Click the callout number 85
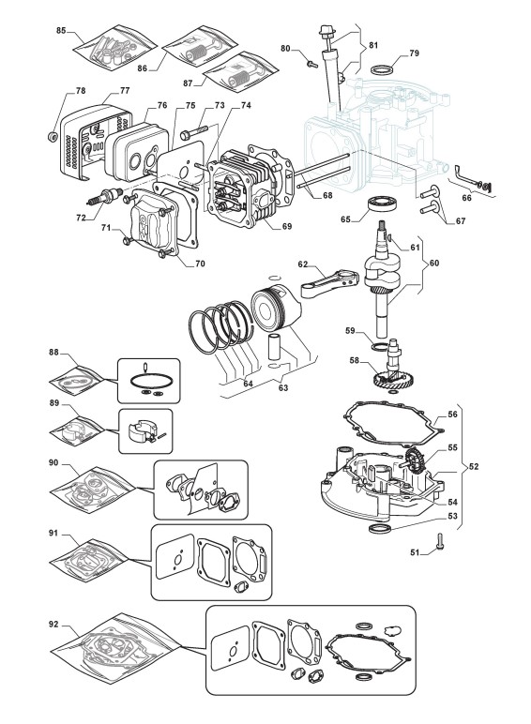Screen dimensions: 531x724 pyautogui.click(x=61, y=30)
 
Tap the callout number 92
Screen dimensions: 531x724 pyautogui.click(x=53, y=625)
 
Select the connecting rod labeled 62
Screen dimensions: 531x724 pyautogui.click(x=328, y=284)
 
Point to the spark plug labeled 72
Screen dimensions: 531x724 pyautogui.click(x=104, y=197)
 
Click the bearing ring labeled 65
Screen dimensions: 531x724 pyautogui.click(x=383, y=204)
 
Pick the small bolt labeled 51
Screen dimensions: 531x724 pyautogui.click(x=439, y=542)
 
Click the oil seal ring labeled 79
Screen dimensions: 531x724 pyautogui.click(x=383, y=69)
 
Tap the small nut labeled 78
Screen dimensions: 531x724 pyautogui.click(x=53, y=136)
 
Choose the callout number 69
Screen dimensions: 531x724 pyautogui.click(x=287, y=227)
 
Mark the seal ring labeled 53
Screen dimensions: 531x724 pyautogui.click(x=380, y=528)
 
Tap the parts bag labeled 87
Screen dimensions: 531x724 pyautogui.click(x=241, y=73)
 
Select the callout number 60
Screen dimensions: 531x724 pyautogui.click(x=434, y=264)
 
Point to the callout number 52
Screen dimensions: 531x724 pyautogui.click(x=474, y=466)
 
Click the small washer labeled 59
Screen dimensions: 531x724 pyautogui.click(x=380, y=347)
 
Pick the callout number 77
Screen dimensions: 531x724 pyautogui.click(x=125, y=90)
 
